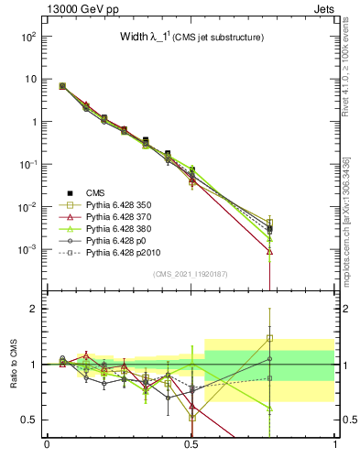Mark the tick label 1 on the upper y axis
(x=32, y=122)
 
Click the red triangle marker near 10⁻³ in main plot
(x=269, y=251)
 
